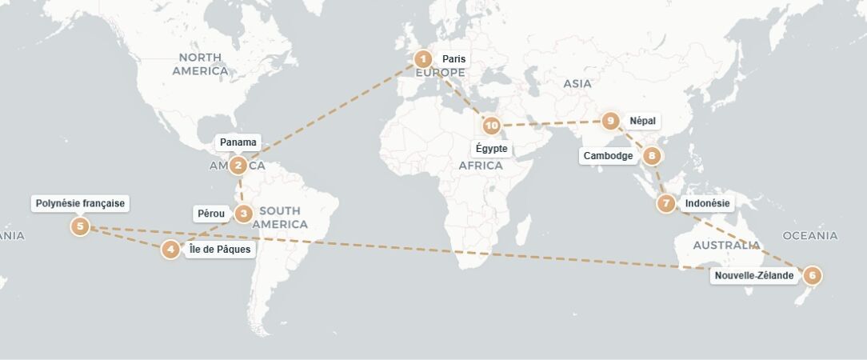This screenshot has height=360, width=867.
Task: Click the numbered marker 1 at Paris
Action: point(423,58)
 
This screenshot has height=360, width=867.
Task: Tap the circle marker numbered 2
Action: point(238,166)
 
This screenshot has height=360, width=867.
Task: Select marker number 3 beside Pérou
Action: point(244,214)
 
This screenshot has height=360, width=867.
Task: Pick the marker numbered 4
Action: point(170,250)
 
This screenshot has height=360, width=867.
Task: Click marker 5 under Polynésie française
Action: point(80,226)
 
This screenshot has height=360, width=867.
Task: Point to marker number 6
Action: point(812,276)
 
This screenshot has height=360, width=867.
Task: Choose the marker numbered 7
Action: point(666,204)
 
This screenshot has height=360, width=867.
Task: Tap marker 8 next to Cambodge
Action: point(653,156)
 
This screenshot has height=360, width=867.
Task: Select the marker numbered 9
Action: point(611,122)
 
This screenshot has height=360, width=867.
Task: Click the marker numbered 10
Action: point(491,126)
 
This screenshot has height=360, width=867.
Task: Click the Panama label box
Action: point(238,142)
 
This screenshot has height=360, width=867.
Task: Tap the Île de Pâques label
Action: point(220,250)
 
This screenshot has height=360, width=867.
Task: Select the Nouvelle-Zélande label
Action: point(754,276)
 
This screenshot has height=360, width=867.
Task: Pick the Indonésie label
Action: point(707,204)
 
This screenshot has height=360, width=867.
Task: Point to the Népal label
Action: point(642,122)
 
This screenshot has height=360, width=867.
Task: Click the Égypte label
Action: point(491,149)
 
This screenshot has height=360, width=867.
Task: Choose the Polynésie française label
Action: point(80,203)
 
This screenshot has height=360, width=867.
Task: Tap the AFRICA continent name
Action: point(481,166)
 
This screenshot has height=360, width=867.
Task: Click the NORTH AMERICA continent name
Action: point(200,64)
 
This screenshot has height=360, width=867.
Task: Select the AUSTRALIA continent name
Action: point(726,245)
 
